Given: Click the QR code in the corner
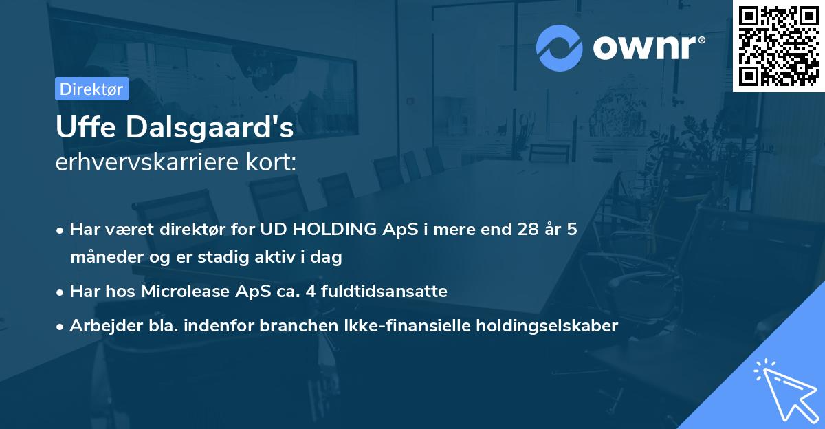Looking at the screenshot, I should (778, 45).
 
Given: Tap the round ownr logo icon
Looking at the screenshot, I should (559, 47).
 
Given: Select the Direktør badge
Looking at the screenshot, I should (91, 89).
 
